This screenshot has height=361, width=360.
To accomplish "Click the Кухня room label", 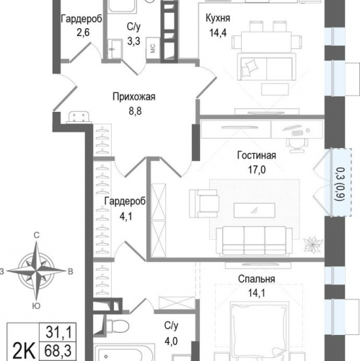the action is pos(218,19).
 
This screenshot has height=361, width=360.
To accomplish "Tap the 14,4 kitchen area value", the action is pos(218,32).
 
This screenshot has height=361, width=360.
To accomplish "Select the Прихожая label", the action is pos(134,97).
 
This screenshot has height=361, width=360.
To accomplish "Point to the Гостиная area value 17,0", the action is pos(257,170).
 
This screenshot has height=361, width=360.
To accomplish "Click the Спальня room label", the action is pos(257,279).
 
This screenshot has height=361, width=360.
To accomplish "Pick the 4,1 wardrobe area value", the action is pos(126,217).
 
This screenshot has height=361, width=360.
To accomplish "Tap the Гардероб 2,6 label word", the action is pos(82,19).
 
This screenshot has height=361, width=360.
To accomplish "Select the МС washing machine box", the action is pos(153,48).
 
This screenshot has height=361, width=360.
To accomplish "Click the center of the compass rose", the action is pos(36,271).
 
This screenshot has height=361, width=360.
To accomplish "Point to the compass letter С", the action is pos(36,235).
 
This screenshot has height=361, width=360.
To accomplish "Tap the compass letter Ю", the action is pos(36,306).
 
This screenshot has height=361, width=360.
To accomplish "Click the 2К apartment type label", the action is pos(23,352).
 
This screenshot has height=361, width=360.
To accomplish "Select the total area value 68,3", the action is pos(58,351).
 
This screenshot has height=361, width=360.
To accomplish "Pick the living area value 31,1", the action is pos(58,332).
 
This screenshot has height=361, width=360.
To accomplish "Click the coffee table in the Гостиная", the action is pos(255,210).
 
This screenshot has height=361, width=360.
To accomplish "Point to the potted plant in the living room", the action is pos(312,245).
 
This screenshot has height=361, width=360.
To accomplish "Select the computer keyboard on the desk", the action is pos(298,133).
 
